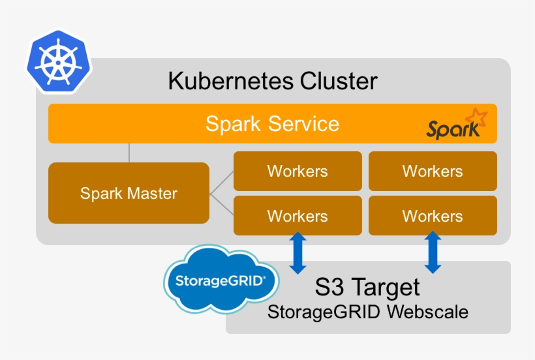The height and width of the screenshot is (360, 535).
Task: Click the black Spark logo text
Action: (452, 129)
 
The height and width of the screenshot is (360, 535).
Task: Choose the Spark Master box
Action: (129, 193)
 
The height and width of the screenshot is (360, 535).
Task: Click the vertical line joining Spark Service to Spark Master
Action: (129, 153)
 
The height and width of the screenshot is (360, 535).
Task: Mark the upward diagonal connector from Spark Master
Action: (222, 183)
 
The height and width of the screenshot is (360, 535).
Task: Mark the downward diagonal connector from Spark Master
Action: (222, 204)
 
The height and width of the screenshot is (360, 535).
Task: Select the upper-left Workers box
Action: (298, 172)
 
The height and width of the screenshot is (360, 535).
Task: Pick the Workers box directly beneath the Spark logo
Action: (433, 172)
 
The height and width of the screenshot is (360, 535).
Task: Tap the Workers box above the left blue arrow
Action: (298, 216)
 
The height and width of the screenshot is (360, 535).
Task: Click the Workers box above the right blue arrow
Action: (433, 216)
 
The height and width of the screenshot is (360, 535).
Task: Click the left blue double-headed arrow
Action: (298, 254)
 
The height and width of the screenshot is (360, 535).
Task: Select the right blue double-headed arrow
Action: (433, 254)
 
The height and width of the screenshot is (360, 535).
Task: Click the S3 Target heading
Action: (367, 287)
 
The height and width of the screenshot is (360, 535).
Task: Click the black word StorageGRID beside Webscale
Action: (324, 312)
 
